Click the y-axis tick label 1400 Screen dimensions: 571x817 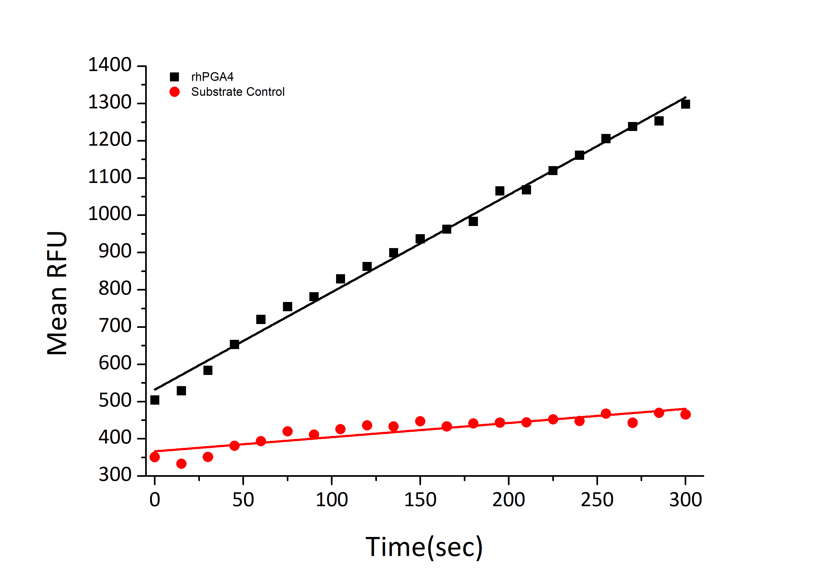109,65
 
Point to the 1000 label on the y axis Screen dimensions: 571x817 109,214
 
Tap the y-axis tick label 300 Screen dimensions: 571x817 115,475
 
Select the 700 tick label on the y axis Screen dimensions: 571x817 115,326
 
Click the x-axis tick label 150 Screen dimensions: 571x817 420,500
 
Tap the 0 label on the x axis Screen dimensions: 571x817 155,500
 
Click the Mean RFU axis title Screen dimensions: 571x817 57,293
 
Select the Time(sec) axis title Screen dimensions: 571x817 424,547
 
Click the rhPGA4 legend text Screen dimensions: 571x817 212,77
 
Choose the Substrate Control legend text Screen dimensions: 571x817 238,92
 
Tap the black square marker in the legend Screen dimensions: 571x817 174,77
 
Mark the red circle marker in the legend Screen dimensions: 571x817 174,92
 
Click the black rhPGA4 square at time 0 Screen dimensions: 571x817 155,400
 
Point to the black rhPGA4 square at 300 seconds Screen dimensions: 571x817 685,104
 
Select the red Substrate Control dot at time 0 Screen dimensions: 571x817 155,457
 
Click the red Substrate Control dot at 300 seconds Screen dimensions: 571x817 685,414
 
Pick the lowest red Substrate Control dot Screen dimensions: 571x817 181,463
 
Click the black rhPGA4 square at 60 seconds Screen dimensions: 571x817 261,319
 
